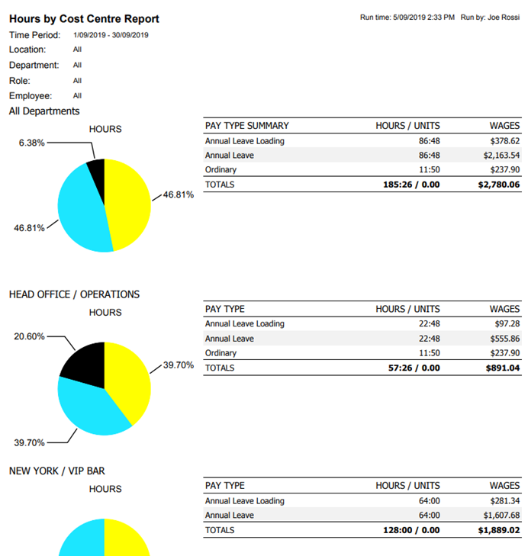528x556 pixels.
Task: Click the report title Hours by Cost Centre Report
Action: tap(85, 18)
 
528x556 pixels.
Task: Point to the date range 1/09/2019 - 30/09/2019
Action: tap(111, 35)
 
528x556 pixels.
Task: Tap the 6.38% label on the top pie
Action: tap(32, 143)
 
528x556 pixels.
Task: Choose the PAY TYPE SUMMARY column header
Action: tap(247, 126)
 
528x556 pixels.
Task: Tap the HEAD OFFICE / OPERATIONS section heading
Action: tap(74, 294)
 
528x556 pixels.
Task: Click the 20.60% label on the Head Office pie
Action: tap(30, 336)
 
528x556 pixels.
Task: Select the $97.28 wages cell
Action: tap(504, 324)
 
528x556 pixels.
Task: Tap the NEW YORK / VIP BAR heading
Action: tap(56, 471)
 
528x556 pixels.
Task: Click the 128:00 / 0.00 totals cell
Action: tap(411, 530)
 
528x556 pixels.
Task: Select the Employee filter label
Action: tap(31, 96)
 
